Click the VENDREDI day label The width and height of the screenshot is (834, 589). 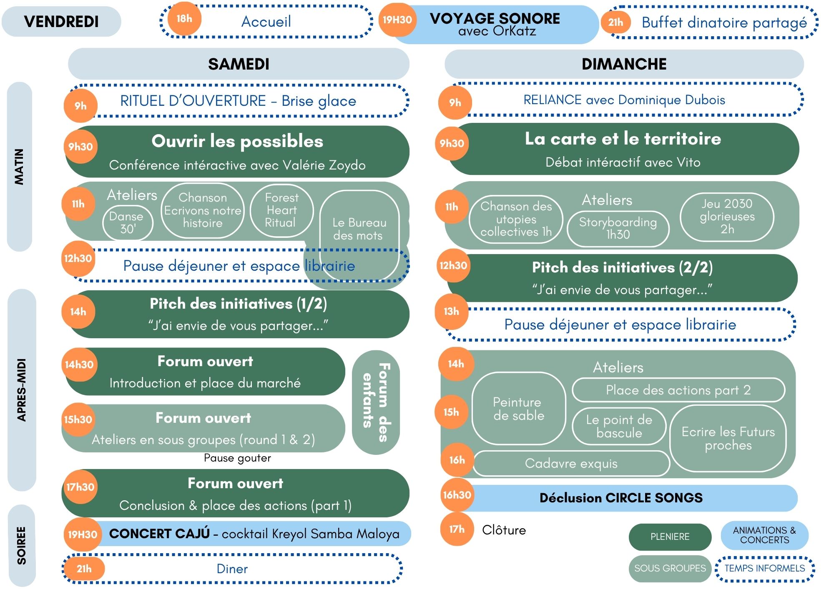[61, 22]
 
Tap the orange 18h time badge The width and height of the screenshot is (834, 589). [184, 19]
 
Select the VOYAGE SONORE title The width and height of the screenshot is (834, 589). [495, 18]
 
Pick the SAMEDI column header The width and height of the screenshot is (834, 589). [239, 64]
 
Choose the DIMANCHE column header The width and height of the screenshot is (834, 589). [624, 64]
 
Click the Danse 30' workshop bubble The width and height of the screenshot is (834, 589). [128, 223]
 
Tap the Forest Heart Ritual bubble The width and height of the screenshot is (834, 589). [281, 210]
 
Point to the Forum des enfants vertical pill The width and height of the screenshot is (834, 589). [376, 402]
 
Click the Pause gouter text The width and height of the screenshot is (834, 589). [237, 458]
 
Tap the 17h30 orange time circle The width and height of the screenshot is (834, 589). [80, 487]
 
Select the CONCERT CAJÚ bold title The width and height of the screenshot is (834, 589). [159, 534]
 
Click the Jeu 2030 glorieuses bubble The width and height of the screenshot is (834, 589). [727, 217]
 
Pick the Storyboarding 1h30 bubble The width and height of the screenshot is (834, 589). [618, 229]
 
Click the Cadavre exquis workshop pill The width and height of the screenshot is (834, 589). [571, 463]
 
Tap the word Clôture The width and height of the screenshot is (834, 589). [504, 530]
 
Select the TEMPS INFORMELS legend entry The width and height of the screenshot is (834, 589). [765, 569]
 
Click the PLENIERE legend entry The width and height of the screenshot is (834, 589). [670, 537]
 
